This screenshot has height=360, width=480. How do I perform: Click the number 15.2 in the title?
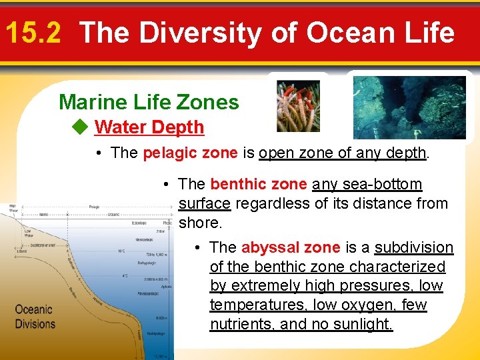(x=32, y=33)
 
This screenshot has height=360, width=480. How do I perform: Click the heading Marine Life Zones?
(x=149, y=102)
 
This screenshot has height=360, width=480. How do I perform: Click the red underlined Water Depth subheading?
(x=149, y=127)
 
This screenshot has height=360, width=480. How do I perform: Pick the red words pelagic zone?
(x=190, y=153)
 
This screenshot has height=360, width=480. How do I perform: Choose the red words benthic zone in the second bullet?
(x=259, y=184)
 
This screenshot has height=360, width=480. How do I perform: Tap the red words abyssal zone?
(x=291, y=247)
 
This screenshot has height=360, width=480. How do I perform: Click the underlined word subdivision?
(x=414, y=247)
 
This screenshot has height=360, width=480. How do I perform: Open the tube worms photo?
(x=298, y=106)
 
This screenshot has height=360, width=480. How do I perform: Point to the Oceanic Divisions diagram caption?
(x=35, y=317)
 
